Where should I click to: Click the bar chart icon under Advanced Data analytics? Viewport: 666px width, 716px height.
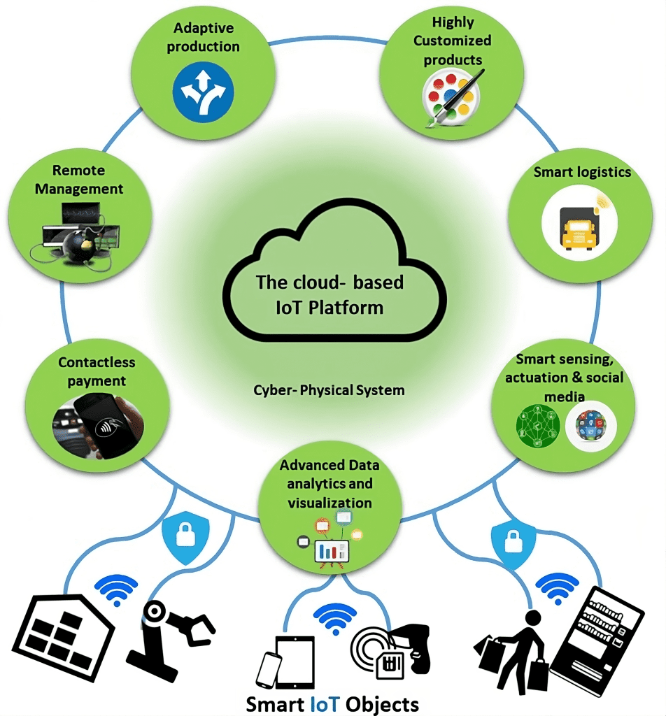(x=332, y=550)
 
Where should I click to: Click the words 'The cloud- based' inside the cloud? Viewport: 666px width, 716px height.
(x=330, y=282)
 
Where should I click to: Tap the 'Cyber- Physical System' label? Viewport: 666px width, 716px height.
(x=329, y=389)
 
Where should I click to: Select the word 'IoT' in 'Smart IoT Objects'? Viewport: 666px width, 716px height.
(x=327, y=703)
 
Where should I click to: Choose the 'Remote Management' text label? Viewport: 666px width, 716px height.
(x=79, y=180)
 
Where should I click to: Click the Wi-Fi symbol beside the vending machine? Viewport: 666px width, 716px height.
(x=557, y=589)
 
